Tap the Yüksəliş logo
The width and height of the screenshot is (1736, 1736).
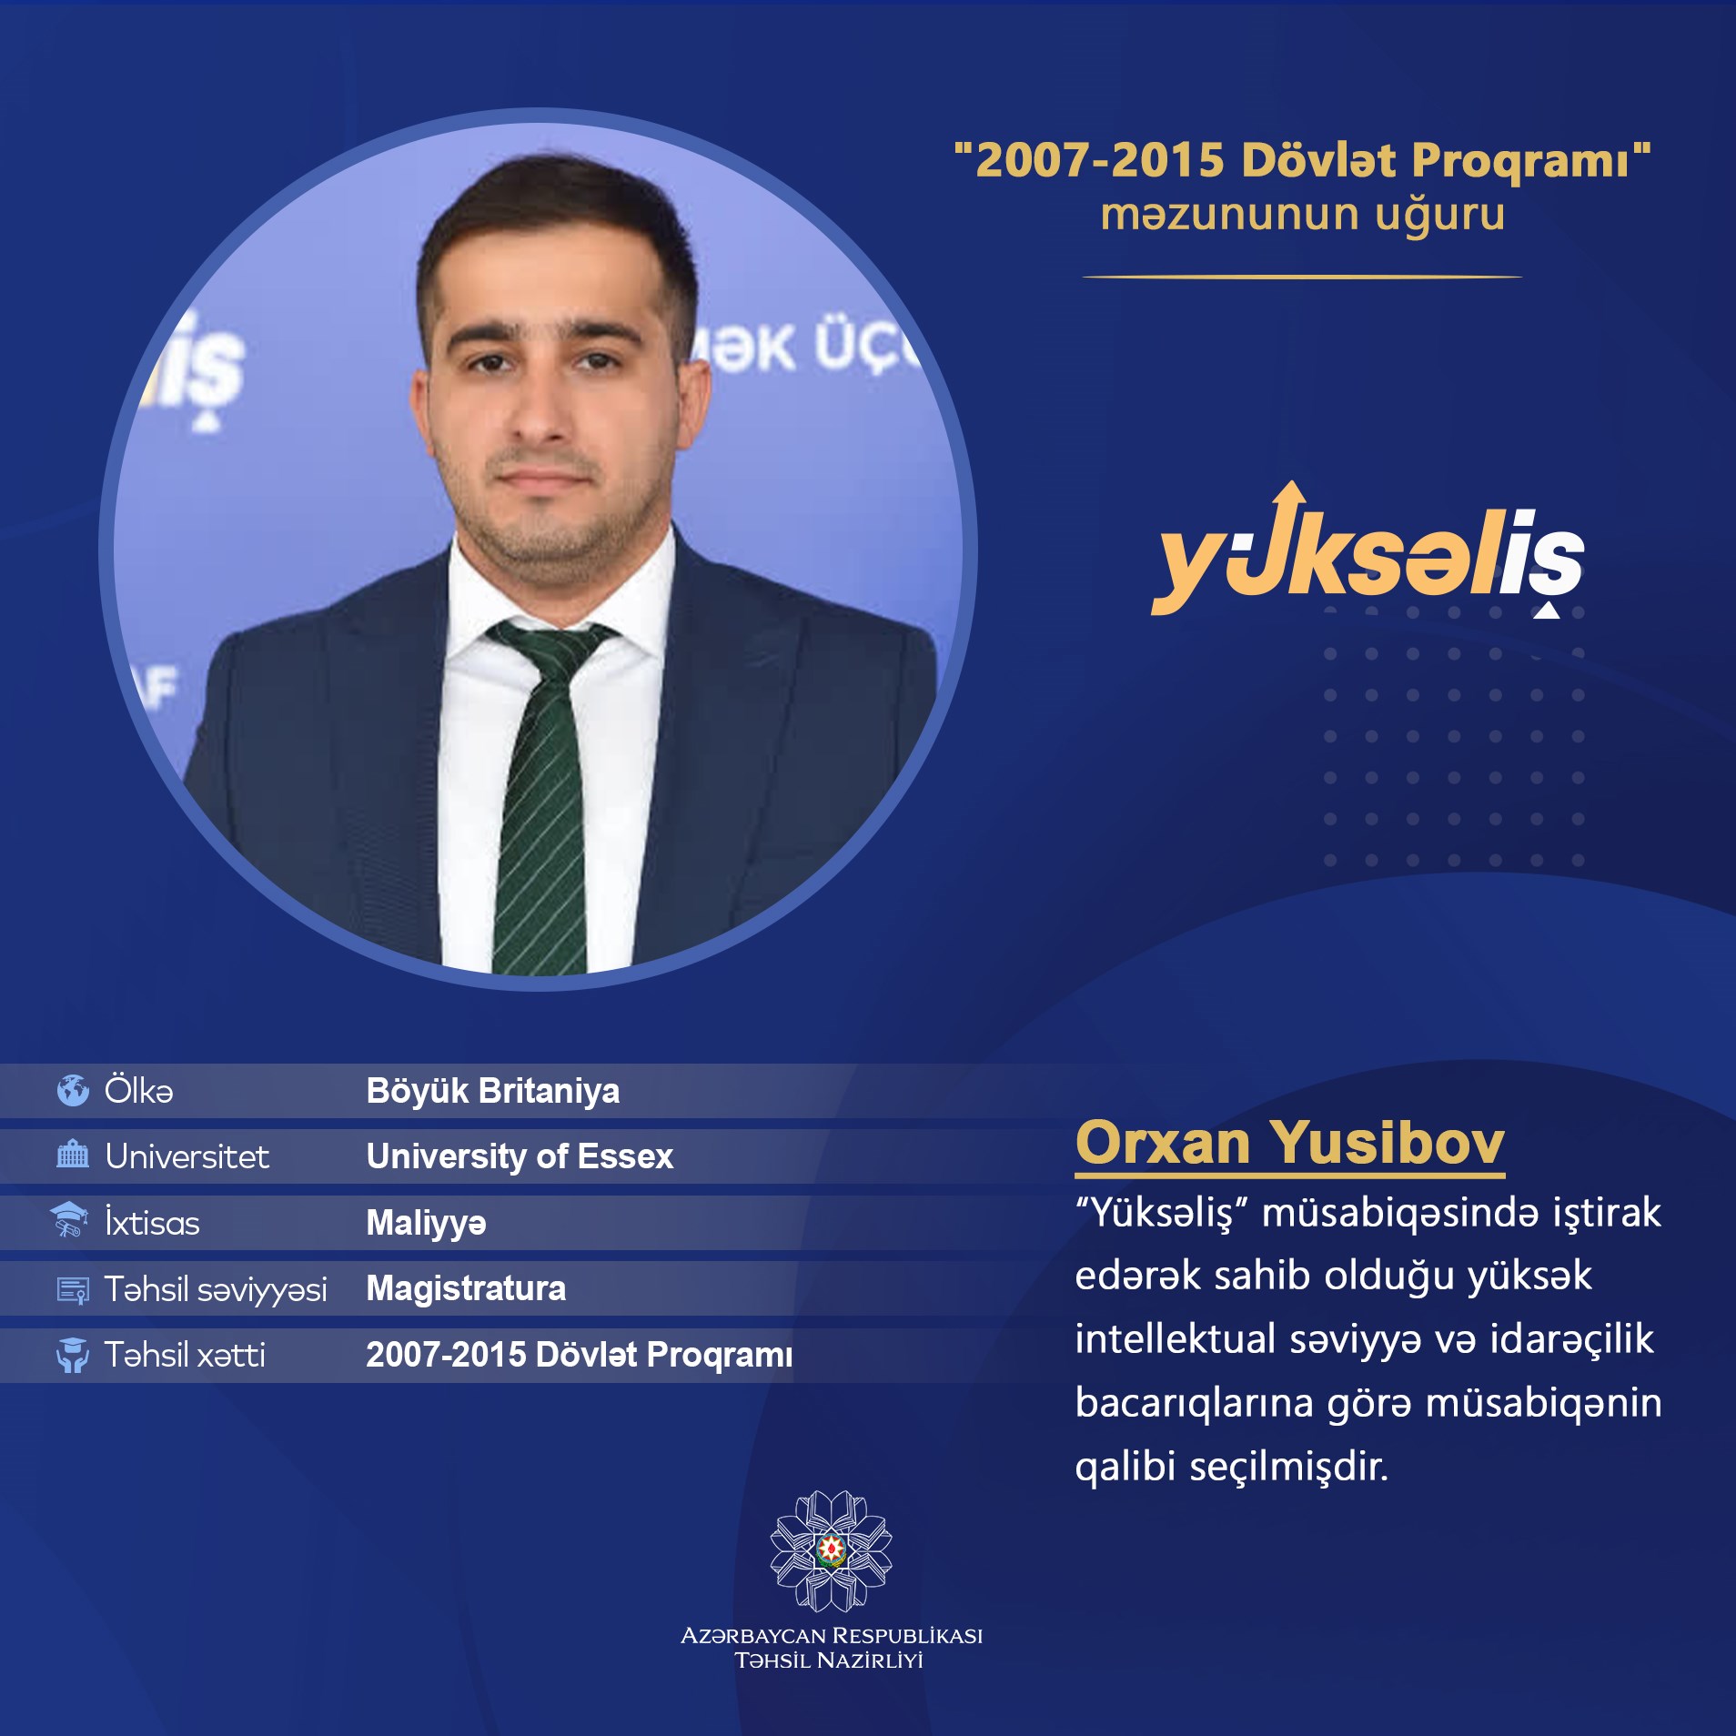(1368, 550)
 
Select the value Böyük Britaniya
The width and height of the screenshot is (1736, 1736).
(492, 1091)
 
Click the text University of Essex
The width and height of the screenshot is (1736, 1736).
(520, 1156)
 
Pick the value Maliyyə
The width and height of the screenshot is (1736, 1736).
(426, 1223)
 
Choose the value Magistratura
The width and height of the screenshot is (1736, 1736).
(466, 1288)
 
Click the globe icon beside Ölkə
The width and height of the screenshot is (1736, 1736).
(73, 1090)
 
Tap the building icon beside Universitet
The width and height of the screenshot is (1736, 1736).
(73, 1156)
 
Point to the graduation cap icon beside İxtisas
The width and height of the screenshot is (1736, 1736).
(69, 1220)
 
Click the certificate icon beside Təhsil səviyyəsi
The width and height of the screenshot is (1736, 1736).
(73, 1290)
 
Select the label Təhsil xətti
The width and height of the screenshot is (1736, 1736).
(185, 1355)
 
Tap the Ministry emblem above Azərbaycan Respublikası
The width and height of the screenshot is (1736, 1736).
(831, 1550)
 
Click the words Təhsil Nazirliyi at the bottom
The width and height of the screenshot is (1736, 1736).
(829, 1660)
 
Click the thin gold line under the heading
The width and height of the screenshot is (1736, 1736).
(1302, 277)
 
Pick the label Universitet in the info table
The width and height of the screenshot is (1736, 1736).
(187, 1156)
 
